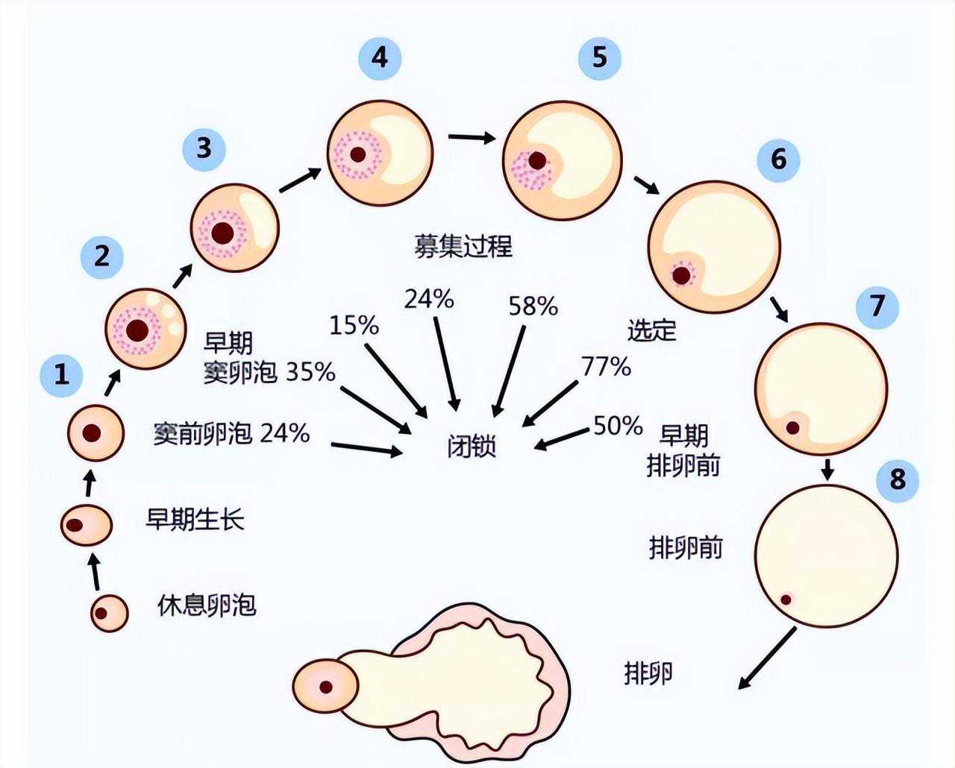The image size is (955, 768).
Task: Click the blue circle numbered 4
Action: coord(379,57)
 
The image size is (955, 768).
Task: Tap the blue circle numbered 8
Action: coord(898,478)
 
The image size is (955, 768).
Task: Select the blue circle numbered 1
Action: coord(62,374)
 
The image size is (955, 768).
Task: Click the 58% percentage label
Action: coord(533,306)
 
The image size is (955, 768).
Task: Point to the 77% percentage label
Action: coord(606,366)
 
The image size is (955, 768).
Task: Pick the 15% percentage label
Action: coord(354,325)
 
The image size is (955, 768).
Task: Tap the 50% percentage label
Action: coord(618,426)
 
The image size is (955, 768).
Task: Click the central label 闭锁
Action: coord(472,447)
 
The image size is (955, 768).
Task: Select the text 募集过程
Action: coord(463,246)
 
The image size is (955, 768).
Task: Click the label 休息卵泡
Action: coord(207,605)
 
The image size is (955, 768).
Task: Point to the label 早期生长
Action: coord(195,519)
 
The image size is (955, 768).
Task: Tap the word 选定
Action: coord(651,330)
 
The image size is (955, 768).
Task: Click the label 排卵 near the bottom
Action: coord(648,673)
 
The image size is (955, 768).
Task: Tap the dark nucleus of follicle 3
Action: coord(222,233)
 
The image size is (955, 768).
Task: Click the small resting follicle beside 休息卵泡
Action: coord(109,613)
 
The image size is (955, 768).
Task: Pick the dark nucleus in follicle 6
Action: coord(681,275)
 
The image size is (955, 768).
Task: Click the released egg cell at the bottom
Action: coord(325,687)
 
